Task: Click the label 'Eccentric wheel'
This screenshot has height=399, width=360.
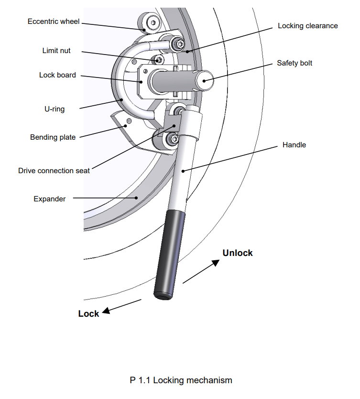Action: tap(54, 22)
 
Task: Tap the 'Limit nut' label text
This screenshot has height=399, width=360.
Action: tap(56, 50)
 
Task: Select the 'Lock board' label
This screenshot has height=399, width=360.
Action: tap(57, 75)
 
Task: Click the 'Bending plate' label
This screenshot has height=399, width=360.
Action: tap(53, 137)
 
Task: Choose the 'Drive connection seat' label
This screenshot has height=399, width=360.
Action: tap(54, 170)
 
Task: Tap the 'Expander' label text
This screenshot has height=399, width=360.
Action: tap(50, 199)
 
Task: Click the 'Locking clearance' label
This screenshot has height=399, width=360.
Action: tap(308, 26)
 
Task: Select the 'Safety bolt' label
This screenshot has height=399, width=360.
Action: tap(295, 63)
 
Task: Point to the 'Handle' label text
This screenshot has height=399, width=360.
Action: tap(294, 144)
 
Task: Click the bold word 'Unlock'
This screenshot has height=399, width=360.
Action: tap(238, 253)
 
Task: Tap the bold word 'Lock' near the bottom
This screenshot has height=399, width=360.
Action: tap(88, 314)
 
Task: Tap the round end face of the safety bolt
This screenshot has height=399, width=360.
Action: tap(205, 79)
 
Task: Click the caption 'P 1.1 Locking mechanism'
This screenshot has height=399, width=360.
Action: tap(181, 380)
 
